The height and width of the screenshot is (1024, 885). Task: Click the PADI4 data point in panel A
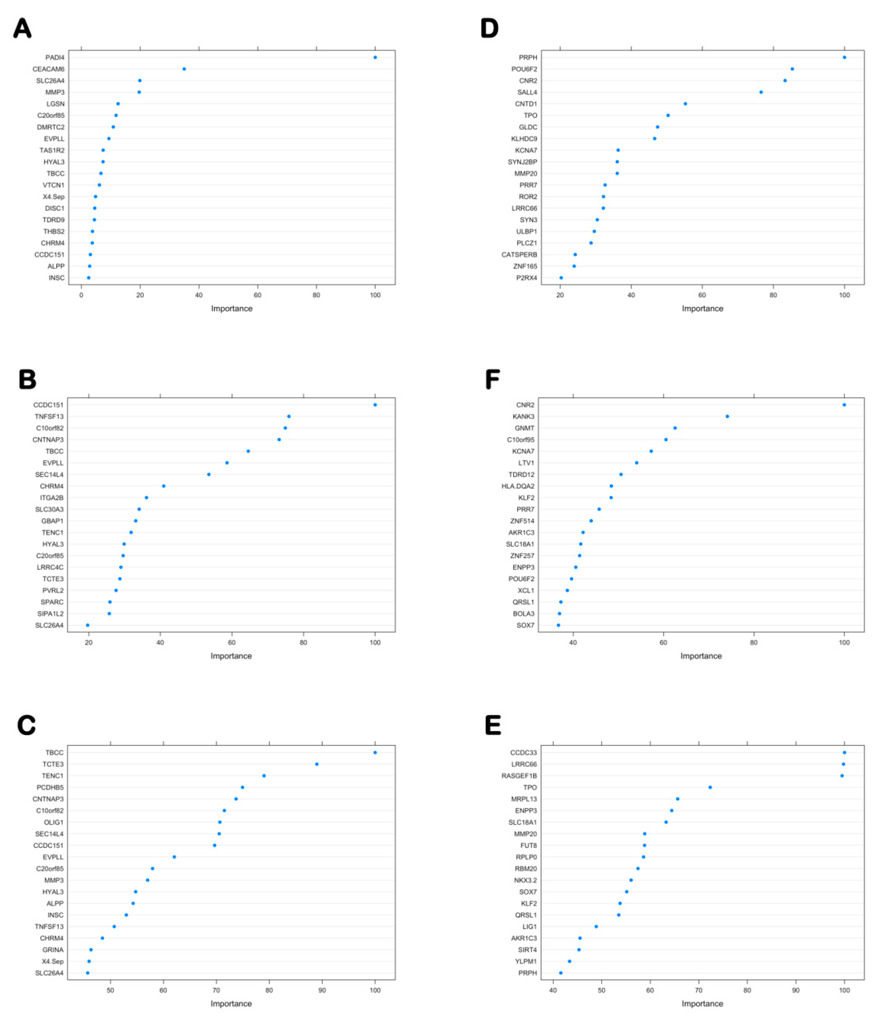point(375,57)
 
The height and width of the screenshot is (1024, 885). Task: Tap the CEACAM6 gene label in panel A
point(48,69)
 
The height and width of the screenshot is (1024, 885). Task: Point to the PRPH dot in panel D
point(844,57)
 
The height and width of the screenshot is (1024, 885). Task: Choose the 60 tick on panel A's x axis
point(257,295)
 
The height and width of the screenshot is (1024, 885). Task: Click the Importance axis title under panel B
point(231,656)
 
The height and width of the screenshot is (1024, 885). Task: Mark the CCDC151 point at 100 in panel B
point(375,405)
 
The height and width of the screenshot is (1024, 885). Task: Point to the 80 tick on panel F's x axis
point(754,642)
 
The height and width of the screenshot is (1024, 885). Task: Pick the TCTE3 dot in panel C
point(317,764)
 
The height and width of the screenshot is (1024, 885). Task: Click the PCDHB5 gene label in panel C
point(50,787)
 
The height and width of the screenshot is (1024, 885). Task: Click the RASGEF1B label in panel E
point(519,776)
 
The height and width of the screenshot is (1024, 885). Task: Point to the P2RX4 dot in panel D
point(561,278)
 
